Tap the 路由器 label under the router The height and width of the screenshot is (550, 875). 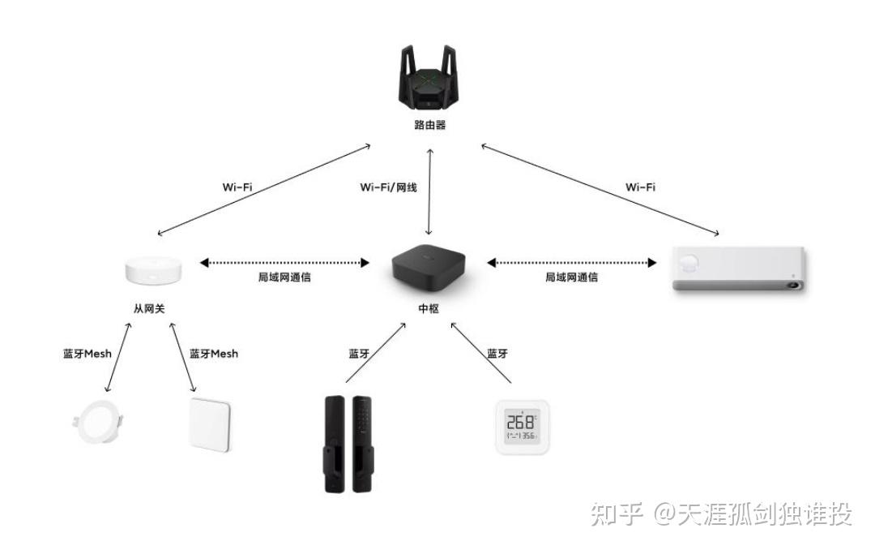[x=429, y=125]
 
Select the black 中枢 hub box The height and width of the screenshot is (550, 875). [x=429, y=269]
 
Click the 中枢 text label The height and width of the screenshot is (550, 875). [x=429, y=308]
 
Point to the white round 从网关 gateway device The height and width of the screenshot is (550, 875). [x=153, y=270]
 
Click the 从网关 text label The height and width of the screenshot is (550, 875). [x=149, y=308]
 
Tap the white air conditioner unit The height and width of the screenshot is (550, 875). [x=740, y=269]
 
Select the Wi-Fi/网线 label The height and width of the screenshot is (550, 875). [x=388, y=187]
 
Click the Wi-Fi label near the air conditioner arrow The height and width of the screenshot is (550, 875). [x=640, y=187]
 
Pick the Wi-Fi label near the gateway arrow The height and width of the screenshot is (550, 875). [x=237, y=187]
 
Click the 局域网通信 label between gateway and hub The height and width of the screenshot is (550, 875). [x=284, y=277]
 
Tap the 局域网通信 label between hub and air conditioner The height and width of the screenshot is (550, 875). [x=571, y=277]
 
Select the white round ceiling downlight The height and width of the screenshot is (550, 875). [x=98, y=422]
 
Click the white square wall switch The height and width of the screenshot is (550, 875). [x=210, y=425]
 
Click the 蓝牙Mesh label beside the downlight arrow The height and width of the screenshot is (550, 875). [x=87, y=354]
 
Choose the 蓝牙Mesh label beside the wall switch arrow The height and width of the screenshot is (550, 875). [x=214, y=354]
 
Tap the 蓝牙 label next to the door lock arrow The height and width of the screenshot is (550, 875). [x=360, y=354]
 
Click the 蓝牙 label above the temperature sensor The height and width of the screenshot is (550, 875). [x=497, y=354]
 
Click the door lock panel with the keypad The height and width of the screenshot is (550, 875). [x=362, y=445]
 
